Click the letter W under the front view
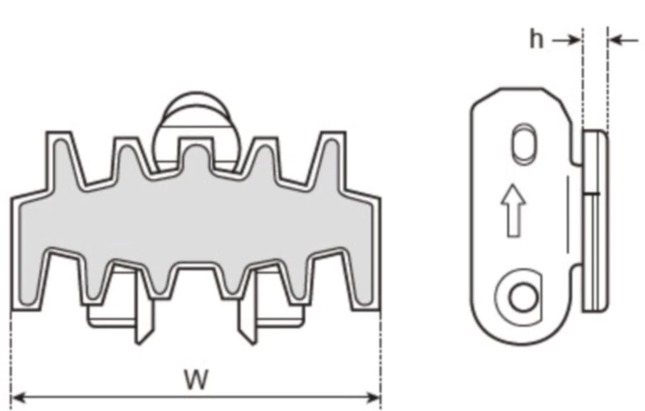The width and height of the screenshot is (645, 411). pos(194,378)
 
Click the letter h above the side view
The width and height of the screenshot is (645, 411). pos(536,39)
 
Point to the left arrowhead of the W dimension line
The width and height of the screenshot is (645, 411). pos(18,396)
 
